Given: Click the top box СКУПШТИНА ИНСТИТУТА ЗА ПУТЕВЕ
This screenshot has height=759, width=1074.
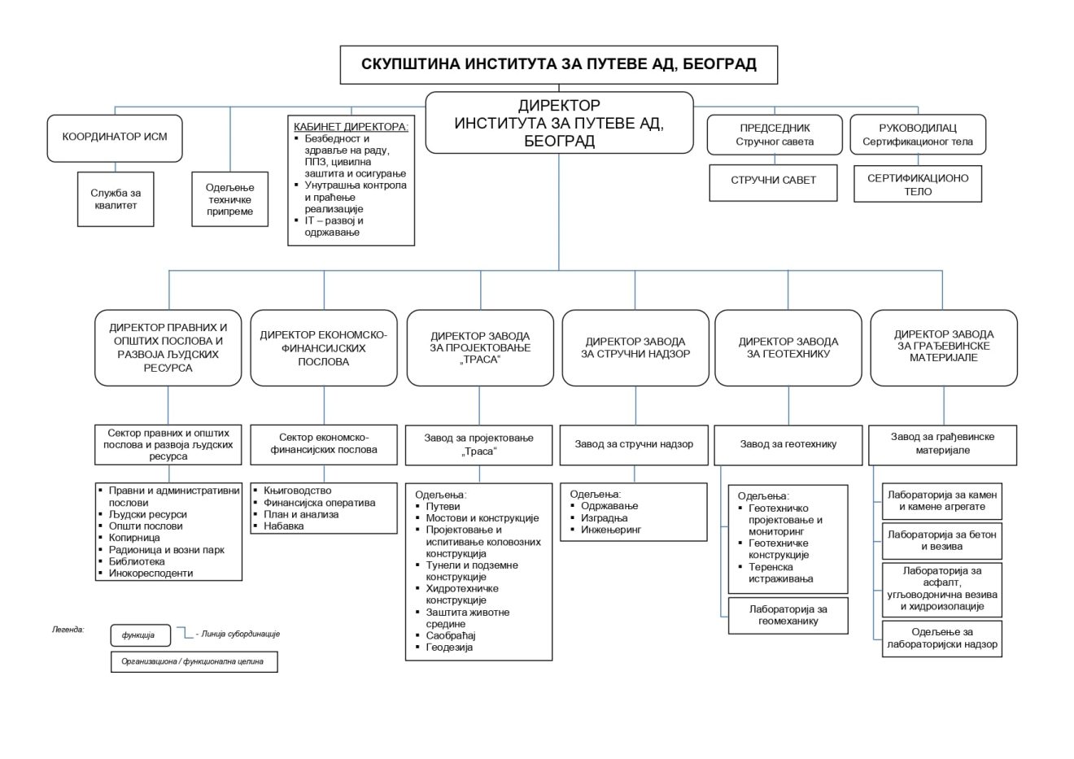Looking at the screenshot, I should point(558,64).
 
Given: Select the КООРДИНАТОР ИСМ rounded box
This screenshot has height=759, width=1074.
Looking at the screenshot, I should point(115,137).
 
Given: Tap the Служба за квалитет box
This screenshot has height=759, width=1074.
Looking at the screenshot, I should point(116,199).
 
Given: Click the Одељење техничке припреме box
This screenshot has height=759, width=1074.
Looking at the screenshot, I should point(229,199).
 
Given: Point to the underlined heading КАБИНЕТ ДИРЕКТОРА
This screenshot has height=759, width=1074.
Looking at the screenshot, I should point(351,127).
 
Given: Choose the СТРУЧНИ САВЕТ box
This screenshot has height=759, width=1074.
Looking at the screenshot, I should point(773,181).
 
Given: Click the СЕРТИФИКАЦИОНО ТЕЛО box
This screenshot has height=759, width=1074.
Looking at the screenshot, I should point(918,185).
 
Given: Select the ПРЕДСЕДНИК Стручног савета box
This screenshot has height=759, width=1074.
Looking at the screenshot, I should point(775,134).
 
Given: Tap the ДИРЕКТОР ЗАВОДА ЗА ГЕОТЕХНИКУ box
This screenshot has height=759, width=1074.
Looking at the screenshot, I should point(788,347).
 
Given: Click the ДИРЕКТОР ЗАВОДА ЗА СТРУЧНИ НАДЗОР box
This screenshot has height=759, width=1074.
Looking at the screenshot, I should point(635,347).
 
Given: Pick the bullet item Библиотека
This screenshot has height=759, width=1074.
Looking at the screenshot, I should point(137,561).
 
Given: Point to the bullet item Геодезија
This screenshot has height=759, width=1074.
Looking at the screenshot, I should point(449,648).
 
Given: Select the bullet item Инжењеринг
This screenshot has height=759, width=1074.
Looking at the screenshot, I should point(611,530).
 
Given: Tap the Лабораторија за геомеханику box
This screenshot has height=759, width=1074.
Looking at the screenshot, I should point(788,615).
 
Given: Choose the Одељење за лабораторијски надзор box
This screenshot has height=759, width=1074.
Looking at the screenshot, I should point(941,638).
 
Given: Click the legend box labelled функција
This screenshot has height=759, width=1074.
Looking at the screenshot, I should point(140,635).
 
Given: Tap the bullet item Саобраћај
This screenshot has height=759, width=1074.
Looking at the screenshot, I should point(450,635).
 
